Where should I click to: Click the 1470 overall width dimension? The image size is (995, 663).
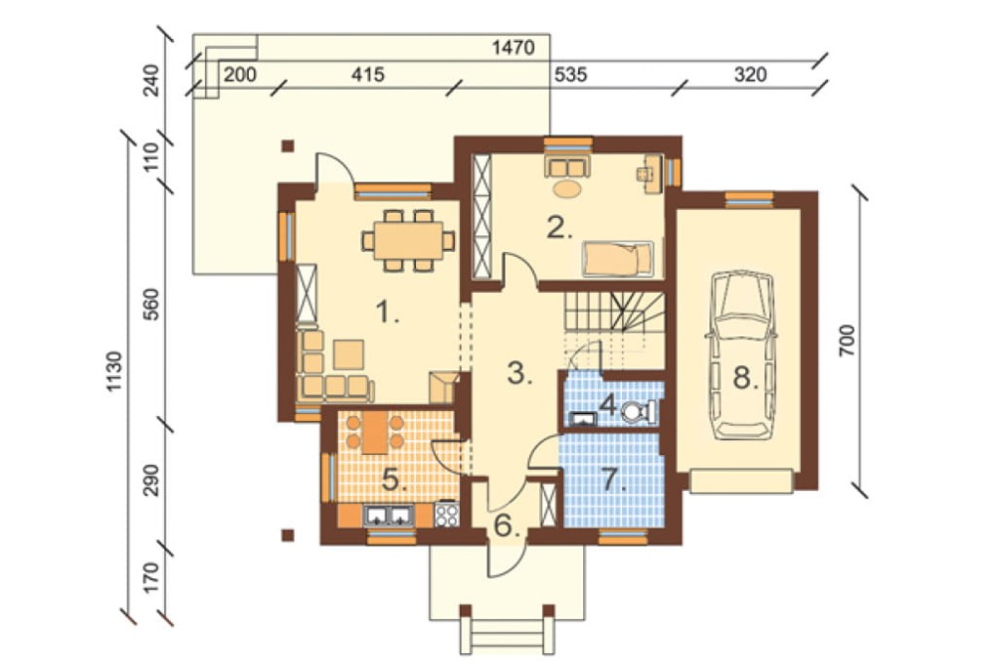tap(513, 47)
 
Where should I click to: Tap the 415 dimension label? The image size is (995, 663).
tap(368, 75)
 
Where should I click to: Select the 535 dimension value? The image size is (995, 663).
tap(570, 75)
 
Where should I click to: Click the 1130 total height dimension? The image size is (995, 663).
tap(114, 371)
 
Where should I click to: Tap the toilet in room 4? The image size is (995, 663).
tap(637, 412)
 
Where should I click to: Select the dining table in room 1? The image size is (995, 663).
tap(408, 241)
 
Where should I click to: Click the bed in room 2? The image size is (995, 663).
tap(618, 259)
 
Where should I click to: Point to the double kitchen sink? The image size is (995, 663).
tap(387, 515)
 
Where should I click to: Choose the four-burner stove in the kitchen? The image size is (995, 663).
tap(447, 515)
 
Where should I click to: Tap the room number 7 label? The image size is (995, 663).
tap(613, 480)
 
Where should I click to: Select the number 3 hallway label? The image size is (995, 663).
tap(519, 373)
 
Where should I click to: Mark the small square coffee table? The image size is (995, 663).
tap(348, 354)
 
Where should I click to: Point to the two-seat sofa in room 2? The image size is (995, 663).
tap(567, 167)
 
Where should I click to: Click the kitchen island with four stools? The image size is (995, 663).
tap(375, 432)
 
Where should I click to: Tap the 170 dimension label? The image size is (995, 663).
tap(152, 577)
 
